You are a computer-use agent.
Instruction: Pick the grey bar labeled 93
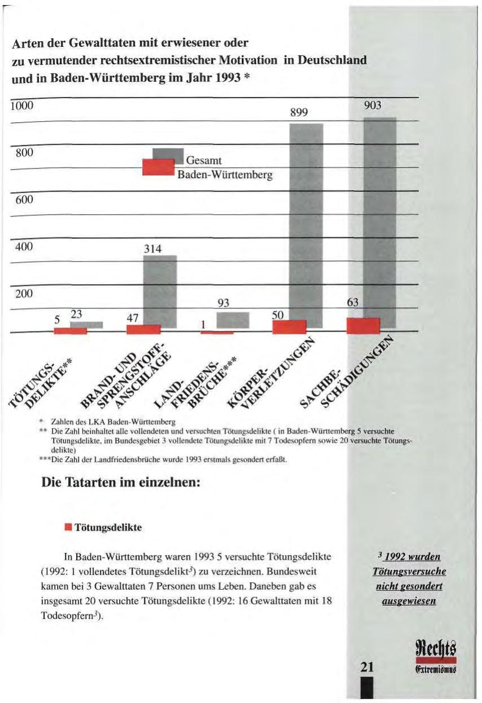[x=233, y=320]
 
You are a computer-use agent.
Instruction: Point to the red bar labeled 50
[x=289, y=327]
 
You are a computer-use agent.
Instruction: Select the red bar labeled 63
[x=363, y=326]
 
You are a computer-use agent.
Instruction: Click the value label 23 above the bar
[x=76, y=317]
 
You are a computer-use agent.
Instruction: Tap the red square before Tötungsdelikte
[x=68, y=528]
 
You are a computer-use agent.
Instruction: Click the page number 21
[x=367, y=667]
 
